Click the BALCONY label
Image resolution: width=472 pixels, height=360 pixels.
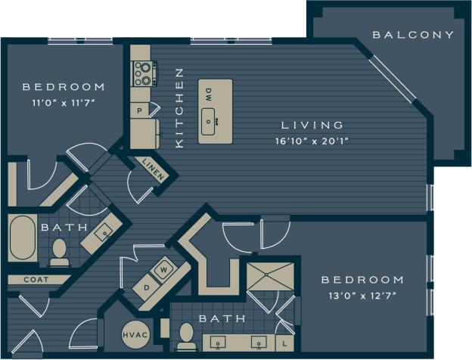click(414, 35)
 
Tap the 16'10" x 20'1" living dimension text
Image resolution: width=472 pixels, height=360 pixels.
click(312, 141)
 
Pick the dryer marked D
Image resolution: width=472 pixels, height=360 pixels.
click(147, 287)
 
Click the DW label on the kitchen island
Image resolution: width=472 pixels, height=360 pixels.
click(209, 95)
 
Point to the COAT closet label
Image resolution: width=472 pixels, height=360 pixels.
click(36, 279)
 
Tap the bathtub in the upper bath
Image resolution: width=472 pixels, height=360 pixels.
click(23, 239)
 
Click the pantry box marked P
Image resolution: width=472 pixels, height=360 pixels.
click(140, 110)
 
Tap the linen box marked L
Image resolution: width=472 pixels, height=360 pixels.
click(284, 343)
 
